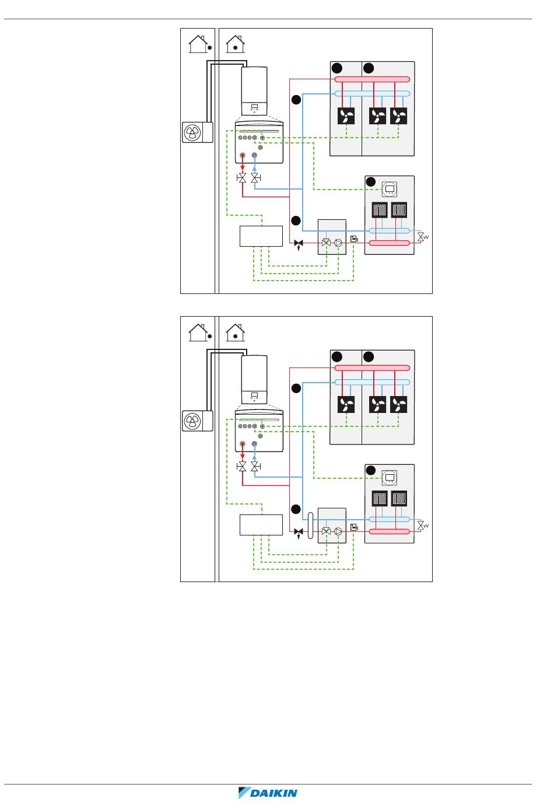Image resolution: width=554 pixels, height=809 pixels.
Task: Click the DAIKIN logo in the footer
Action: [x=268, y=793]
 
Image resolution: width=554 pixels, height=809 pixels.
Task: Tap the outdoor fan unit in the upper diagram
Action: [x=192, y=133]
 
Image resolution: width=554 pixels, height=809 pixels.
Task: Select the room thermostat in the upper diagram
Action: [x=390, y=189]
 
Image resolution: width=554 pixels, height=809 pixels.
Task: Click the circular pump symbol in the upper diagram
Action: [x=340, y=243]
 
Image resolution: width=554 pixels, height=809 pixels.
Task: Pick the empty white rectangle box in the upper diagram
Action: [x=261, y=236]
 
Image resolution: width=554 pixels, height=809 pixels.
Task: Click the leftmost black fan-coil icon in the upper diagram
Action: [x=346, y=117]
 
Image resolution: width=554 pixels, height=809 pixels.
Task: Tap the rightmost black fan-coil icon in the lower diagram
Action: [x=399, y=405]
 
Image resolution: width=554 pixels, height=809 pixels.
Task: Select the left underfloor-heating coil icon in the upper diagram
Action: [x=380, y=210]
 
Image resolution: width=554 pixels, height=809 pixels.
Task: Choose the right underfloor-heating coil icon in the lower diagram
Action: [x=399, y=499]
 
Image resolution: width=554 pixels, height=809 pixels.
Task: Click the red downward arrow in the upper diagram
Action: [x=243, y=166]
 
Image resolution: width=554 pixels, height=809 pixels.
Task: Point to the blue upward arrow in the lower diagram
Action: [x=254, y=456]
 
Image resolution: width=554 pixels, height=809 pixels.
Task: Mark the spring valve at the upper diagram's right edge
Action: [x=421, y=237]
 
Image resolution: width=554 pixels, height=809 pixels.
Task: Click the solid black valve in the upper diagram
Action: [x=299, y=243]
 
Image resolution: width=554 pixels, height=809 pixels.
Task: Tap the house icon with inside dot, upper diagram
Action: [x=235, y=43]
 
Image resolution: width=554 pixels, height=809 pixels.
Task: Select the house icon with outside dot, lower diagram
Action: [x=199, y=332]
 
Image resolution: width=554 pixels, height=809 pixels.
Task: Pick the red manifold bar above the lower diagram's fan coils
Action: [x=372, y=368]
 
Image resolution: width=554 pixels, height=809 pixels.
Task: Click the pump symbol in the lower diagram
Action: [x=340, y=531]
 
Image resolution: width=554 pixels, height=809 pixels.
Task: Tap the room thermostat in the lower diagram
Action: [x=390, y=478]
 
